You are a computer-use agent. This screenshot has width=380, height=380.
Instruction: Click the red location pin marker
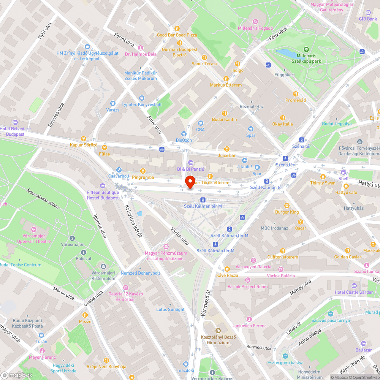pos(190,182)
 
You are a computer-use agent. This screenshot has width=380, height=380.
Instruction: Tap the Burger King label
pos(287,212)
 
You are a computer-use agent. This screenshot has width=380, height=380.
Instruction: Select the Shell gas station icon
pos(344,172)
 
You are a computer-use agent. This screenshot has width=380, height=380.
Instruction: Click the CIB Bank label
pos(368,19)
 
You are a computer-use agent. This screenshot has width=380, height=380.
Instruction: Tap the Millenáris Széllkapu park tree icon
pos(306,49)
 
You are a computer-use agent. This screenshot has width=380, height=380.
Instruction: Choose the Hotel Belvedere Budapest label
pos(12,131)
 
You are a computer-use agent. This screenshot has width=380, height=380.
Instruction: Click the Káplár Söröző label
pos(84,145)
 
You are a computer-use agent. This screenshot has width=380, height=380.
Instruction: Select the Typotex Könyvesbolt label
pos(141,104)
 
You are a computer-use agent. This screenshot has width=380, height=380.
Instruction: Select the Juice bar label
pos(227,155)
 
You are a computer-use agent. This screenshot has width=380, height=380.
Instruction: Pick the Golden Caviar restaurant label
pos(347,257)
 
